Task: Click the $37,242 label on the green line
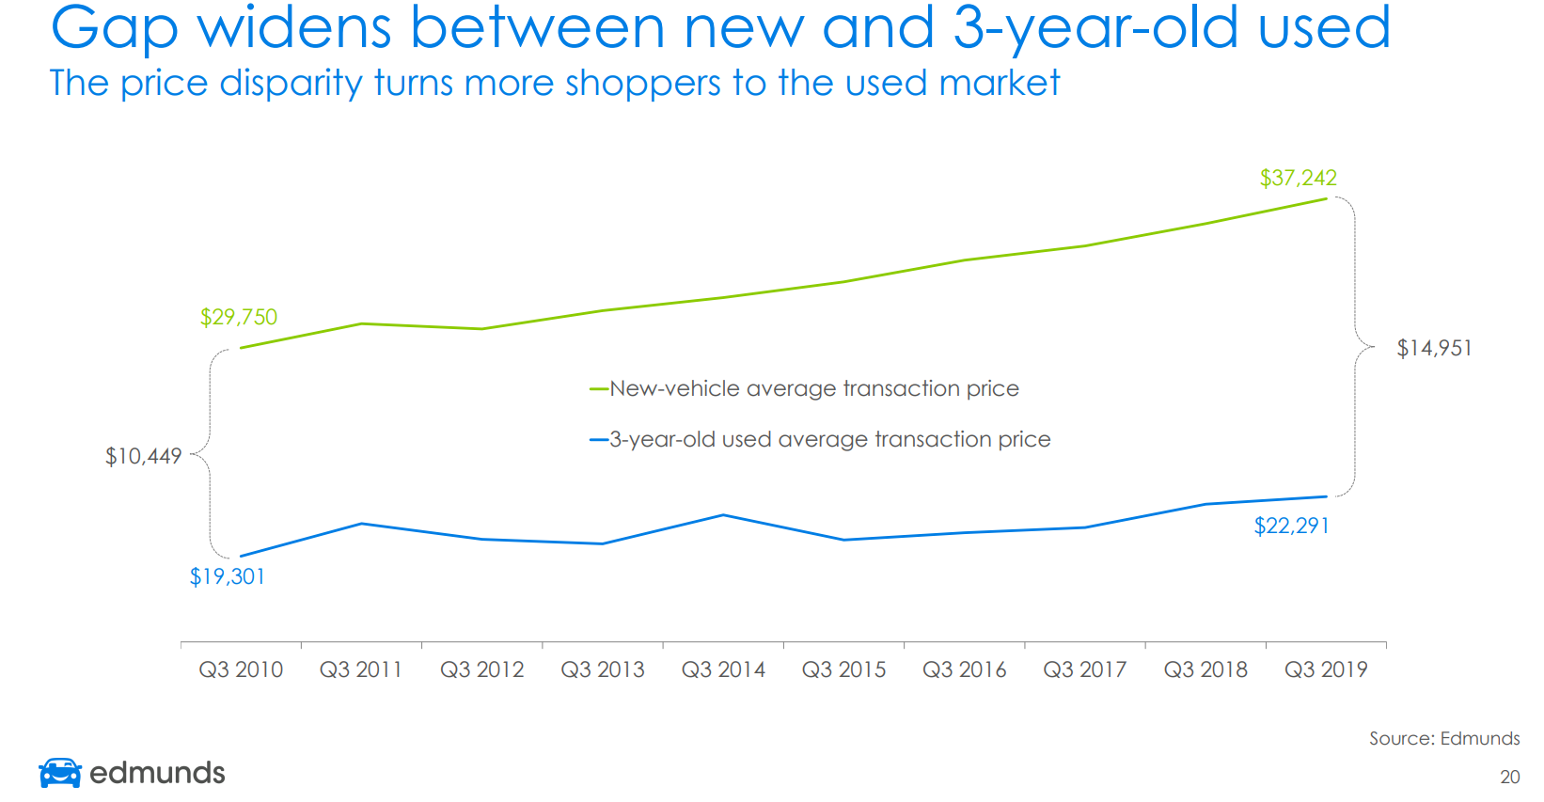click(x=1298, y=178)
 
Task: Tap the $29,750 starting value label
click(x=239, y=317)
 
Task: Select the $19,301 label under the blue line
click(x=228, y=576)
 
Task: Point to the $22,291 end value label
click(x=1291, y=526)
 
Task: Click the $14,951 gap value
click(x=1434, y=349)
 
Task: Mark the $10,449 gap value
click(x=143, y=457)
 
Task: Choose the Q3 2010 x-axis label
click(x=241, y=669)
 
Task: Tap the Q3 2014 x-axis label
click(x=723, y=669)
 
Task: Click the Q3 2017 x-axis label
click(x=1084, y=669)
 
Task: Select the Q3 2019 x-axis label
click(x=1326, y=669)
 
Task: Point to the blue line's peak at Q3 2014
click(x=723, y=515)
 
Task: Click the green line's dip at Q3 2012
click(x=482, y=329)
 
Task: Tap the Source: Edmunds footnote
click(x=1443, y=738)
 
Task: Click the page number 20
click(x=1509, y=778)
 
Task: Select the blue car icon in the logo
click(x=60, y=772)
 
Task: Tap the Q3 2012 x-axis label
click(x=482, y=669)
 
